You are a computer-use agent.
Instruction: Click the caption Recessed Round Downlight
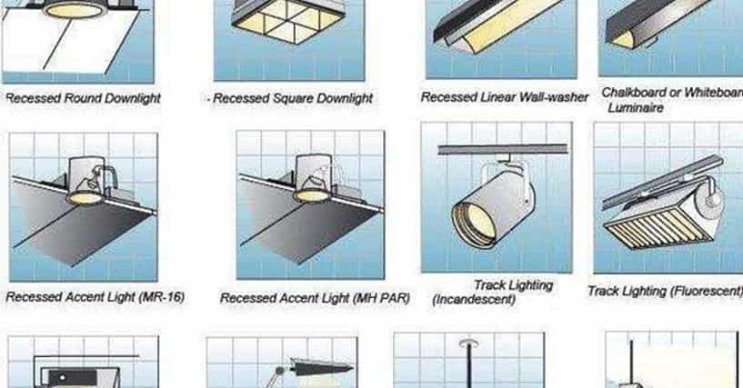point(83,98)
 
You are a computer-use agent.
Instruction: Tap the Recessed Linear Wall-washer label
point(505,97)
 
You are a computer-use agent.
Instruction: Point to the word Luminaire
point(636,108)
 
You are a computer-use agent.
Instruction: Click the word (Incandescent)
point(474,300)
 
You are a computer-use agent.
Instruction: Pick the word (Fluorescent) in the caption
point(707,291)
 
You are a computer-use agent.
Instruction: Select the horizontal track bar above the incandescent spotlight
point(503,150)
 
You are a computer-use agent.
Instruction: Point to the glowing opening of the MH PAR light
point(311,195)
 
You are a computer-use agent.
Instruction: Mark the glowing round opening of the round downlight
point(75,9)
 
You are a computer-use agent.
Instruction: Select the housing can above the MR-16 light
point(86,174)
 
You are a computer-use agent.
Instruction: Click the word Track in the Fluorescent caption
point(604,291)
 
